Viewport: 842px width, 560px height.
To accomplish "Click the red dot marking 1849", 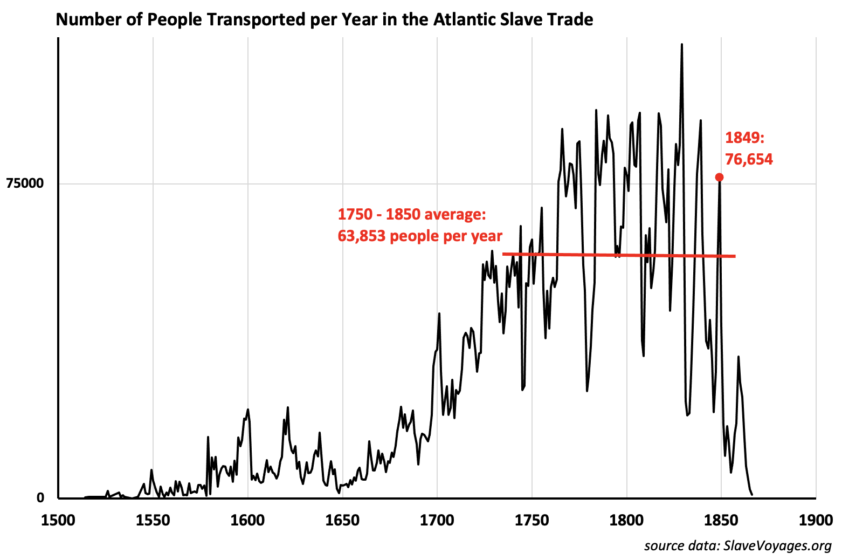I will click(719, 177).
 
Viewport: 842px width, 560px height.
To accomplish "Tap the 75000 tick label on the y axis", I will click(25, 183).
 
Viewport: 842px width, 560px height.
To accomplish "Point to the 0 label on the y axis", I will click(40, 498).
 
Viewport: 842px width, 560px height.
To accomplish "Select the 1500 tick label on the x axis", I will click(58, 521).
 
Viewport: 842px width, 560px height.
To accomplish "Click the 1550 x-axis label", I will click(153, 521).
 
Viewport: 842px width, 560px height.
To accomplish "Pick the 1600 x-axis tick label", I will click(247, 521).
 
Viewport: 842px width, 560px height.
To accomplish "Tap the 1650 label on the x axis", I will click(342, 521).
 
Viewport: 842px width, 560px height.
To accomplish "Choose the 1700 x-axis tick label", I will click(437, 521).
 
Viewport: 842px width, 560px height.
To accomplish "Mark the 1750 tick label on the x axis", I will click(532, 521).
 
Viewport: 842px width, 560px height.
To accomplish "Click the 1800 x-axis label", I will click(627, 521).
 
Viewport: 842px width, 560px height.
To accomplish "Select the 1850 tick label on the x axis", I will click(721, 521).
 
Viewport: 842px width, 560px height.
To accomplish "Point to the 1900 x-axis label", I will click(816, 521).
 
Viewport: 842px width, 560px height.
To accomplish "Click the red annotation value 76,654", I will click(749, 159).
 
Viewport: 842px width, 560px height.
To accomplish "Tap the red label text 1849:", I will click(744, 138).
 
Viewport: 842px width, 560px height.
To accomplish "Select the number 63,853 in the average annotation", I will click(362, 236).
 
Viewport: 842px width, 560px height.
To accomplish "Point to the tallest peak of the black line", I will click(682, 45).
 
